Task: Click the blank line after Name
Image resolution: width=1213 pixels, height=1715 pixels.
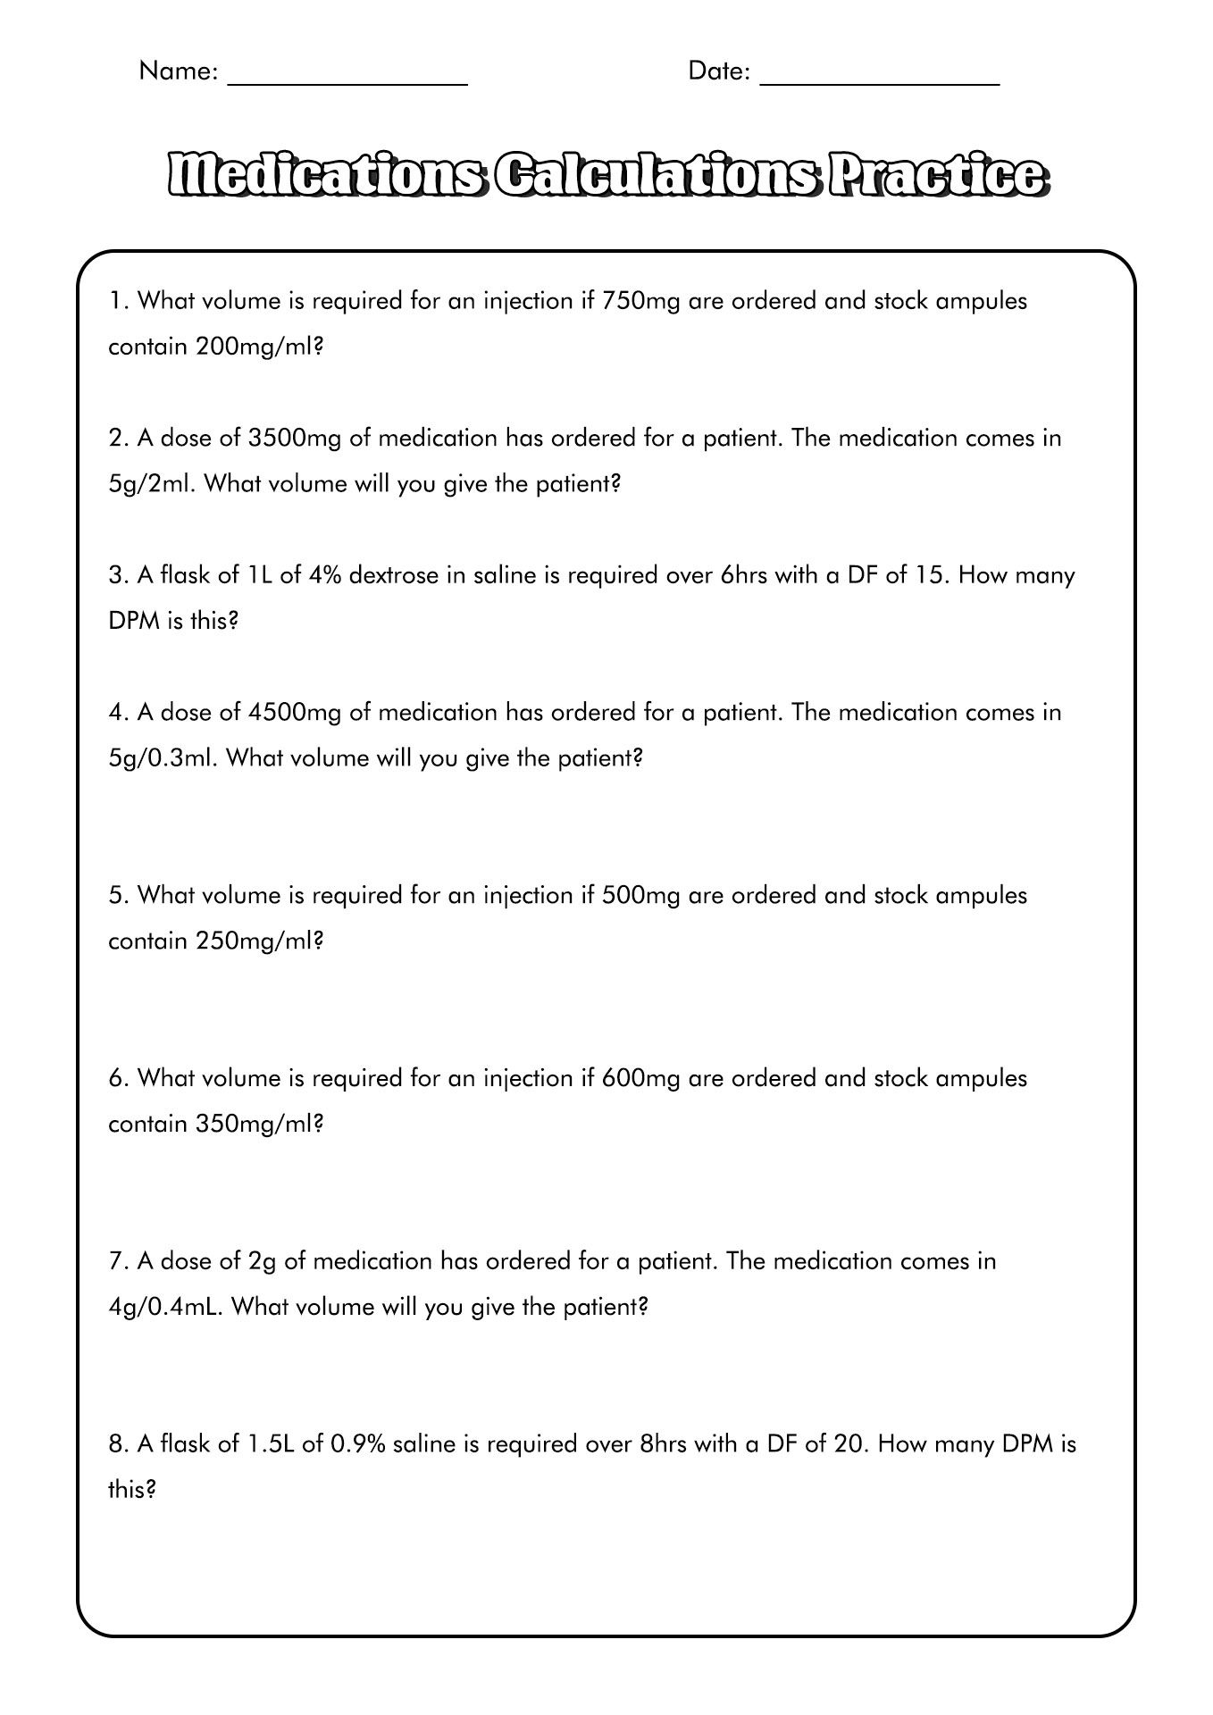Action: [348, 80]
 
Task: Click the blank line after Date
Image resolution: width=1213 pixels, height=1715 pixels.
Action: [879, 80]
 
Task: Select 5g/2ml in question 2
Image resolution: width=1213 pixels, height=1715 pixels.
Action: [152, 484]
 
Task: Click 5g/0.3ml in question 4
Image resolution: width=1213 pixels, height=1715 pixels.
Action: [163, 758]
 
